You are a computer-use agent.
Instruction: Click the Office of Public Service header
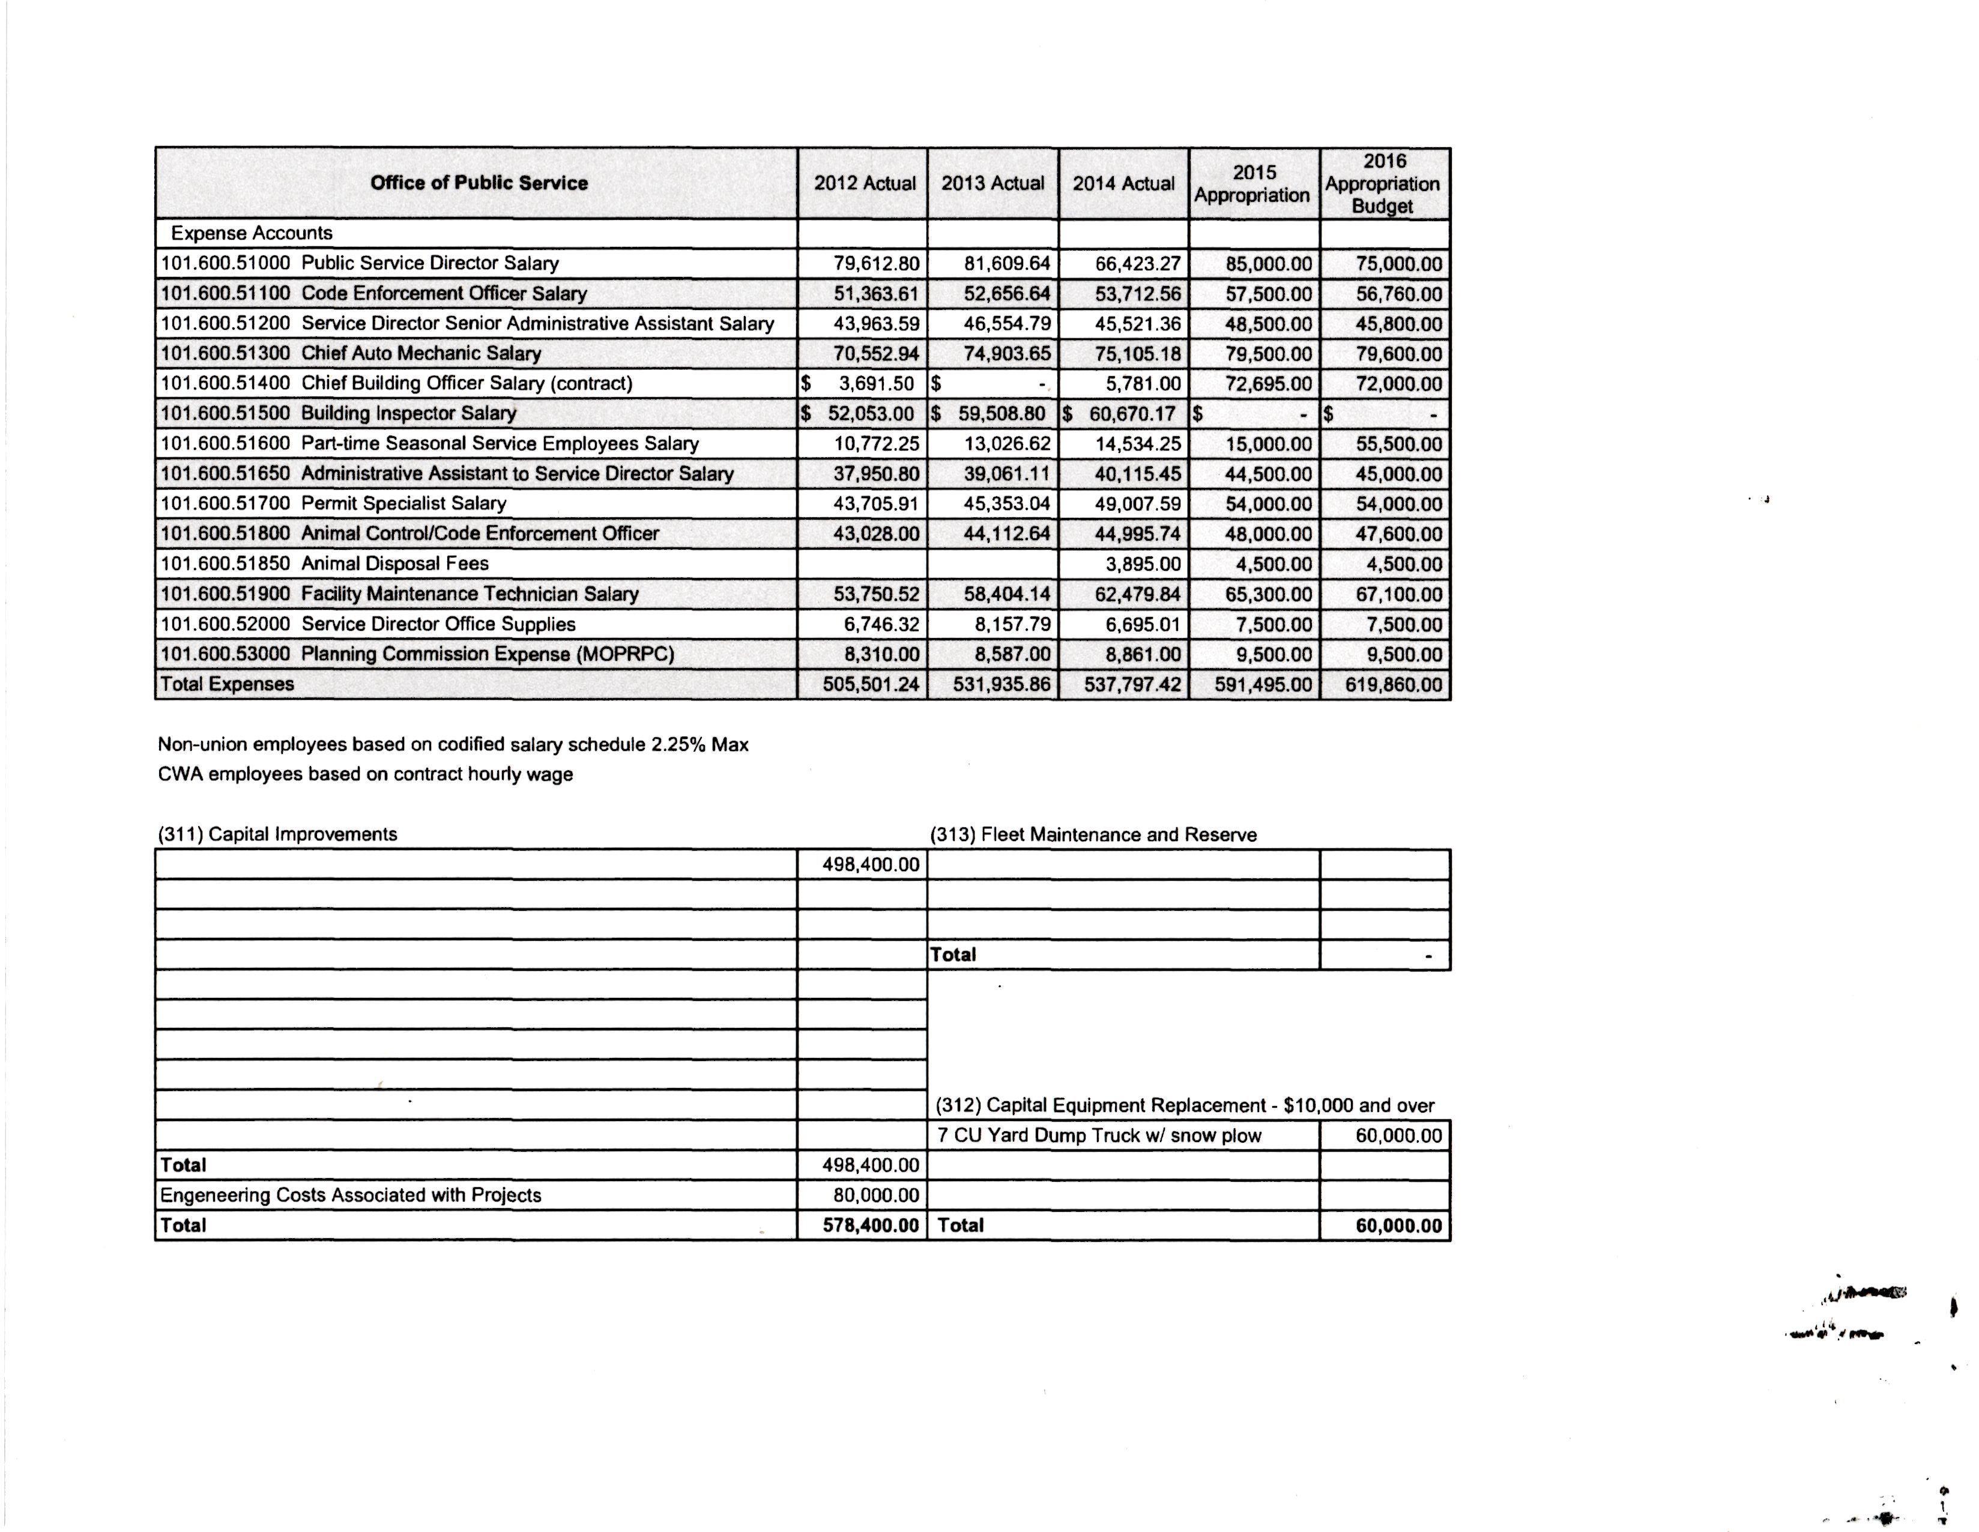479,183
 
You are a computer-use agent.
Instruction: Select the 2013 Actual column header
993,183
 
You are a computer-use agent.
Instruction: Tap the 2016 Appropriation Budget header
1383,184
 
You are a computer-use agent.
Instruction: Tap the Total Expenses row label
228,684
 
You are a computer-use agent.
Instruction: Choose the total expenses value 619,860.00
1393,684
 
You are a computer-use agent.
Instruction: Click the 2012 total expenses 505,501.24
870,684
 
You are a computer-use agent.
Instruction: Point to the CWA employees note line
365,774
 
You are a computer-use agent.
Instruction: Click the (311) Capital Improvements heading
277,834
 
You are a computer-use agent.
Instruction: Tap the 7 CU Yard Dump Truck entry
1099,1136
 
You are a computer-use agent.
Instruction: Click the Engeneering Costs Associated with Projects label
351,1196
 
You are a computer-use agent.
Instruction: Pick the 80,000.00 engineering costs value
870,1196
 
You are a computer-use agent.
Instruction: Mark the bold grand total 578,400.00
870,1226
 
